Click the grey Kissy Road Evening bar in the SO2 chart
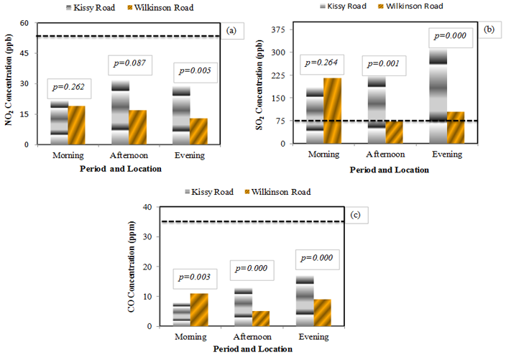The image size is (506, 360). click(438, 96)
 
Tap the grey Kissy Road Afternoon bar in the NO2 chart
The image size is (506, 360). click(120, 112)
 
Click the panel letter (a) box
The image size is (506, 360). click(231, 31)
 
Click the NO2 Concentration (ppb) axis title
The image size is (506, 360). click(10, 86)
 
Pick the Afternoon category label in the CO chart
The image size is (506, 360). click(252, 336)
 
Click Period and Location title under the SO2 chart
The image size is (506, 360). click(390, 170)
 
